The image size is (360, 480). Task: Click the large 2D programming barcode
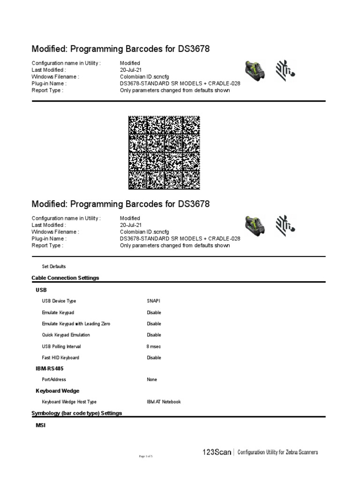[x=164, y=153]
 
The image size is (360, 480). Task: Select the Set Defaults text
[x=54, y=266]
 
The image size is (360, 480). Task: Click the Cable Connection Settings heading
[x=65, y=278]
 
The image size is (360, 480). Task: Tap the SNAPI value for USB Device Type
[x=153, y=301]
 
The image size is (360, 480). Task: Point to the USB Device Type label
[x=59, y=301]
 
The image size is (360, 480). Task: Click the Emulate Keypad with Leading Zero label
[x=76, y=324]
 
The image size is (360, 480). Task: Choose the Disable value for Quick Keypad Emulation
[x=154, y=335]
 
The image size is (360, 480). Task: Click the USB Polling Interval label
[x=61, y=346]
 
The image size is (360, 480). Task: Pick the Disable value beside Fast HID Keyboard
[x=154, y=358]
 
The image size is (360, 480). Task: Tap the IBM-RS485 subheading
[x=50, y=368]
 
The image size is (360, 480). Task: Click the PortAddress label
[x=54, y=380]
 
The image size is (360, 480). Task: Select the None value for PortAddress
[x=152, y=380]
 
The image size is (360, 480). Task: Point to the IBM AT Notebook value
[x=164, y=402]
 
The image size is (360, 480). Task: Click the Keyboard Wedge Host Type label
[x=69, y=402]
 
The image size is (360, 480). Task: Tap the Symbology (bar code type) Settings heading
[x=76, y=413]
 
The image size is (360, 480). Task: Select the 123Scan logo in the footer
[x=217, y=452]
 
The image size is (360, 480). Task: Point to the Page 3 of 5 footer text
[x=146, y=456]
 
